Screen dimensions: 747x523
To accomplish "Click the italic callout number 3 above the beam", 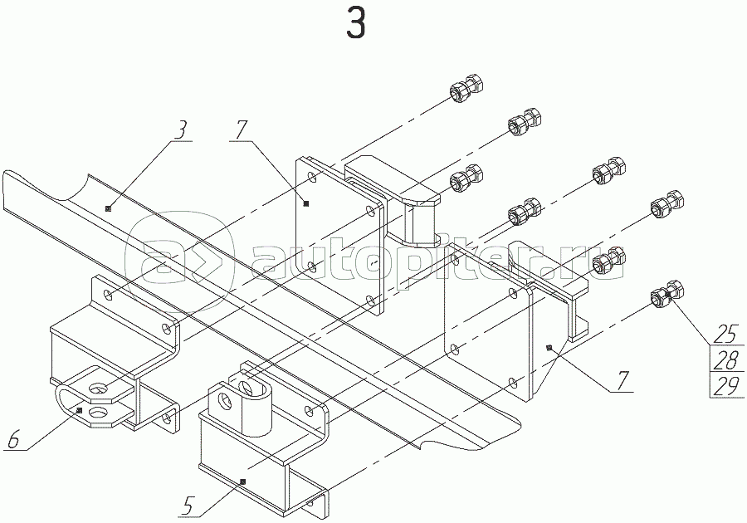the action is pyautogui.click(x=180, y=130).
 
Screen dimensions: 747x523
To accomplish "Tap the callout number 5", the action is pyautogui.click(x=188, y=506).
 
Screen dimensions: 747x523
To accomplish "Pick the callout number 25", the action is pyautogui.click(x=726, y=334).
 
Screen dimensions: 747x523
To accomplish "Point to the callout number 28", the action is pyautogui.click(x=726, y=360).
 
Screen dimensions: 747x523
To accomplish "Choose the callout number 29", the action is pyautogui.click(x=726, y=386).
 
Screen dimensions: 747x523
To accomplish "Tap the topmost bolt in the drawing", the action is pyautogui.click(x=466, y=89).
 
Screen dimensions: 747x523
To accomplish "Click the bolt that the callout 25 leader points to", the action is pyautogui.click(x=667, y=296).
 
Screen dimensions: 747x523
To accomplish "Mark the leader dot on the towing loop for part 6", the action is pyautogui.click(x=80, y=409).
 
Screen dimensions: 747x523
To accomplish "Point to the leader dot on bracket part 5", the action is pyautogui.click(x=242, y=481).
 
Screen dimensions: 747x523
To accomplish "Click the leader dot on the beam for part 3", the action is pyautogui.click(x=108, y=208).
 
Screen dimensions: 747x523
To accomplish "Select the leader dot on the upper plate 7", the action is pyautogui.click(x=305, y=203).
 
